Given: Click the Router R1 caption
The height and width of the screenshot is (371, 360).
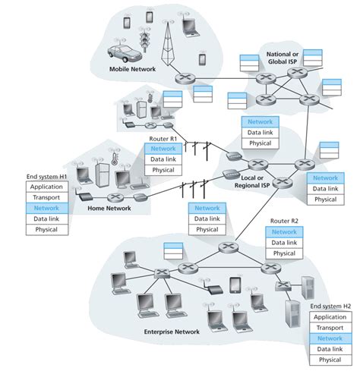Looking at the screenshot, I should [163, 140].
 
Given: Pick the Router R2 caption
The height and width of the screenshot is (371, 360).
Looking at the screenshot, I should [283, 222].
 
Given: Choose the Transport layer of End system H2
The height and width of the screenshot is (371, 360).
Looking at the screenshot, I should [330, 328].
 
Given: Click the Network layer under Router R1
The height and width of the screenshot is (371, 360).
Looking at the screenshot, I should [163, 149].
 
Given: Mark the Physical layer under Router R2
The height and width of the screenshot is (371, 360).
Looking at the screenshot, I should [284, 253].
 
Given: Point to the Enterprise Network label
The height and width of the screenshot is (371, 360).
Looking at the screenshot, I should [171, 332].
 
